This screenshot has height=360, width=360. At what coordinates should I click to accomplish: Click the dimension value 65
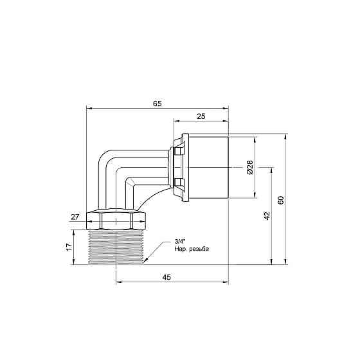coord(157,102)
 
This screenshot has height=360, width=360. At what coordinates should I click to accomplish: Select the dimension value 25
coord(201,116)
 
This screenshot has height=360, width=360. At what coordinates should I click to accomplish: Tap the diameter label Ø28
coord(249,168)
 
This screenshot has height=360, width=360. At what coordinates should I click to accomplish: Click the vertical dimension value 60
coord(281,199)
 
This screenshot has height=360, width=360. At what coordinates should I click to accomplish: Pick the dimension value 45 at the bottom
coord(166,277)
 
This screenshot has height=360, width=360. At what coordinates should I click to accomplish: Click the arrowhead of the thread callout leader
coord(146,261)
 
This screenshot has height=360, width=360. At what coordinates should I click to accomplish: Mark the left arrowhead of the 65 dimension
coord(88,108)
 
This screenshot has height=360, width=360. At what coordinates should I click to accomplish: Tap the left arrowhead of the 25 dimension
coord(175,122)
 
